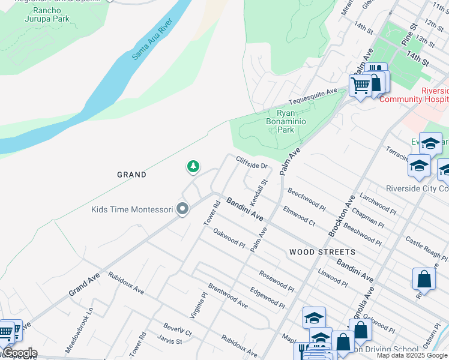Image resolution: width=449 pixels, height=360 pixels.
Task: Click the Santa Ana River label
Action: click(x=152, y=39)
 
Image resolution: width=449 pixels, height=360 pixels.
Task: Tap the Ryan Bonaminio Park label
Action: click(x=286, y=121)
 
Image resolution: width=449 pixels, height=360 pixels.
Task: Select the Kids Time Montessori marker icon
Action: click(x=182, y=209)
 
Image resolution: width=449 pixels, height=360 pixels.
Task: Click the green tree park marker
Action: click(x=193, y=166)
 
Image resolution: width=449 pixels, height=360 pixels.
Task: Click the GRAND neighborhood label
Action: click(x=131, y=175)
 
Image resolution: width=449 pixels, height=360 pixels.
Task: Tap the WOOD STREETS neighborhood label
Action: click(x=322, y=252)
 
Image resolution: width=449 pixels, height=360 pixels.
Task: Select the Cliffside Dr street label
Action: click(x=251, y=162)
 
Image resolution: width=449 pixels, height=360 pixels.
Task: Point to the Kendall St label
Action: click(x=259, y=190)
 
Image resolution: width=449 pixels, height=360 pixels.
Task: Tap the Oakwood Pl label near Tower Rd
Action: click(x=229, y=238)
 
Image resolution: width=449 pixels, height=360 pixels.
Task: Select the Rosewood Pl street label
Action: click(x=277, y=281)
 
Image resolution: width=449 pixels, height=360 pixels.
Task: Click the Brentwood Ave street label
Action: click(x=228, y=296)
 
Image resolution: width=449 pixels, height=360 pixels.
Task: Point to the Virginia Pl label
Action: click(x=199, y=305)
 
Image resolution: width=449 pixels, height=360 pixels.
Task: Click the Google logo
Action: click(x=19, y=353)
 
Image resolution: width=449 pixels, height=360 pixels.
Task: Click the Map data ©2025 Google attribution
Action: click(x=412, y=355)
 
